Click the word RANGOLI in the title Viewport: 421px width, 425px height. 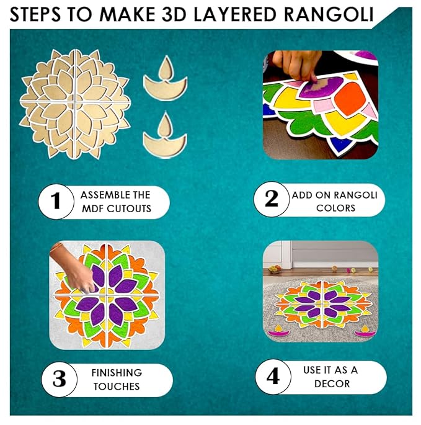click(x=329, y=15)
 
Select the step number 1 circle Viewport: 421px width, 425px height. click(x=56, y=202)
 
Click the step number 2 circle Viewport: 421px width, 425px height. click(x=271, y=199)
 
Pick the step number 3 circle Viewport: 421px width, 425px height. click(x=59, y=379)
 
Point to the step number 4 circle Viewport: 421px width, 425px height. click(x=273, y=377)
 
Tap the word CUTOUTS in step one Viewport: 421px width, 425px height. click(x=129, y=208)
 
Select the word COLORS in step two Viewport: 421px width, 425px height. click(x=335, y=208)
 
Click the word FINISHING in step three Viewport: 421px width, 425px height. click(x=117, y=373)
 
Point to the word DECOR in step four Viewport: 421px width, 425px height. click(x=332, y=384)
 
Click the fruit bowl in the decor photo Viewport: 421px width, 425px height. click(x=275, y=269)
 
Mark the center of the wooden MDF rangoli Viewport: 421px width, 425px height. click(x=75, y=103)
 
